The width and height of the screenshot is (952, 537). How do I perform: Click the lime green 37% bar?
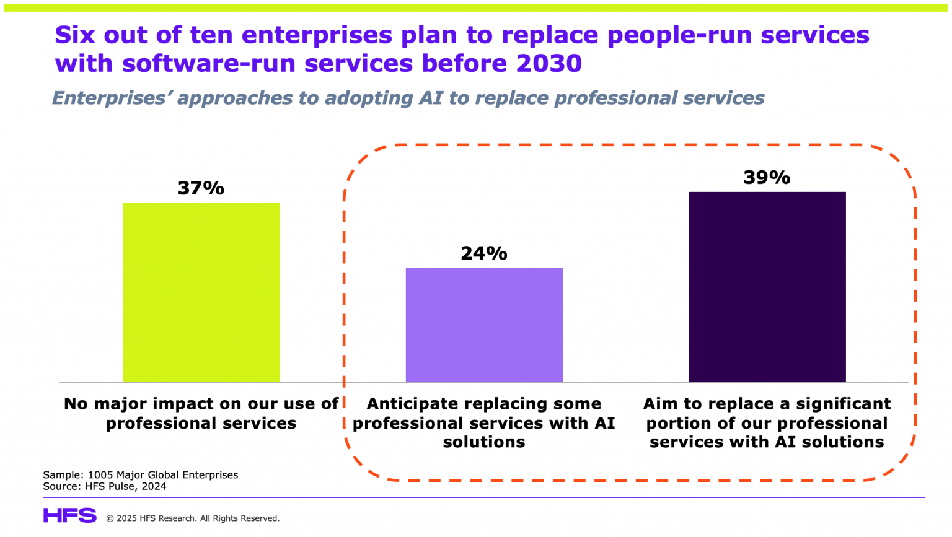pos(201,292)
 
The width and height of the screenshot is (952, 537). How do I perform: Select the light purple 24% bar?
pos(484,325)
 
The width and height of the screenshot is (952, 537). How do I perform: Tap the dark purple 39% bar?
pos(767,287)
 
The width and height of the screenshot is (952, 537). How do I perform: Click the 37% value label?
pos(201,188)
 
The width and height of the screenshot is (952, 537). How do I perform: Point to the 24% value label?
pos(484,253)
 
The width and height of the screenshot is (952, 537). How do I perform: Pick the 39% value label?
pos(767,178)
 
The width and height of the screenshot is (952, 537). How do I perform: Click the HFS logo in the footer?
pos(69,516)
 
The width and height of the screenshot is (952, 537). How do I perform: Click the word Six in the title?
pos(74,35)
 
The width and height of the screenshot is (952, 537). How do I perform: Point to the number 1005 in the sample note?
pos(100,475)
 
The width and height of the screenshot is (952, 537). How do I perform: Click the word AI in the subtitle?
pos(431,98)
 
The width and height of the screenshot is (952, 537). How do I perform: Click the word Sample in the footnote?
pos(62,475)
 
